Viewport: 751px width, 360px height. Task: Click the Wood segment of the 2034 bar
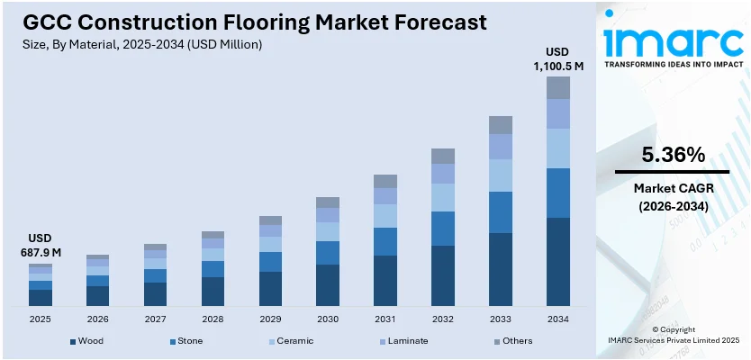558,262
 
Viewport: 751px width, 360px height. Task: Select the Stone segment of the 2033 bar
500,212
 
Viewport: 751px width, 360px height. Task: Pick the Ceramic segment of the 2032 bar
442,197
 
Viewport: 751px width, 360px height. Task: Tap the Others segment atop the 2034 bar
558,87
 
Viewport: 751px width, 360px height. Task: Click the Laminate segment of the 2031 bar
385,196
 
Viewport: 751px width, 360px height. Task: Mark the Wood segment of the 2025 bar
41,298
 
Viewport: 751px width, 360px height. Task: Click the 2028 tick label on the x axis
213,319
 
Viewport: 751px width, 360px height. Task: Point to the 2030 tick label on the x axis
328,319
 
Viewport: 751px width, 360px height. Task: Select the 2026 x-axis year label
98,319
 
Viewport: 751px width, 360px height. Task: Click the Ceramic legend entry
292,341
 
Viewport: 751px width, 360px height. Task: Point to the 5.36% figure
673,155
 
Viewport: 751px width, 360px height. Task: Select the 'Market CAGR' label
673,188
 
